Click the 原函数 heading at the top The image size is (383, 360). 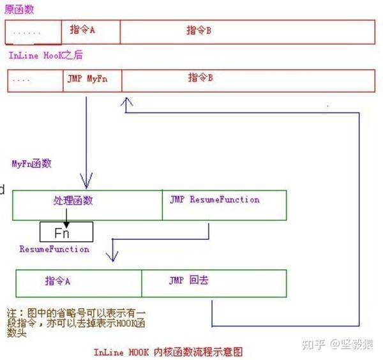(19, 10)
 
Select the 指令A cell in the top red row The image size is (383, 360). (91, 32)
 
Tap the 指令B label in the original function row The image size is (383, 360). (199, 30)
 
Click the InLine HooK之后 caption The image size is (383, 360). (46, 56)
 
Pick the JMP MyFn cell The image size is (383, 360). (93, 80)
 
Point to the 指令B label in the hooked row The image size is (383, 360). (200, 78)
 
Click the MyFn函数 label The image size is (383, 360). (32, 163)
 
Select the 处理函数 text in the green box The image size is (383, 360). (73, 200)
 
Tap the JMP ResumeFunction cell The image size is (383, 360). (224, 205)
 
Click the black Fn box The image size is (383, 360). (66, 232)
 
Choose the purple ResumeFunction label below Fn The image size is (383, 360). (54, 249)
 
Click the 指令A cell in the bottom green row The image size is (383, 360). (79, 283)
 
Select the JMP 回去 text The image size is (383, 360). (188, 280)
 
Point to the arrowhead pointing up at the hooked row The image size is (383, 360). (126, 101)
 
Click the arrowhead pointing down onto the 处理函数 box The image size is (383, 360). (86, 181)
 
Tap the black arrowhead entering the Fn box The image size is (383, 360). (66, 225)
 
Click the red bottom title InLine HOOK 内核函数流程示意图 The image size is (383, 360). (169, 352)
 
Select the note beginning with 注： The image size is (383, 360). (76, 322)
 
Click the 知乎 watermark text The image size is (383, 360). (313, 345)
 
